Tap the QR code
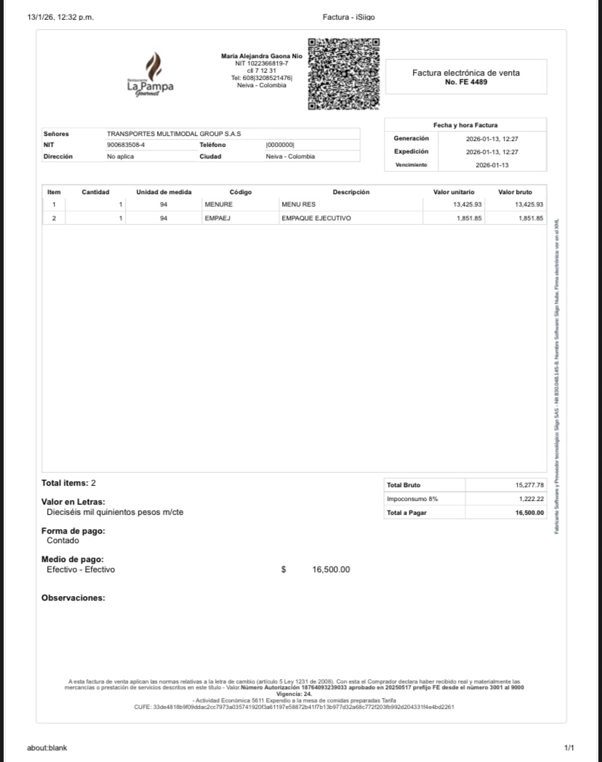click(x=344, y=74)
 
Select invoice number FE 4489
click(x=466, y=82)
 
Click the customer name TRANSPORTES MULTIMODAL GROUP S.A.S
click(x=174, y=134)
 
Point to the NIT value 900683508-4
click(x=126, y=145)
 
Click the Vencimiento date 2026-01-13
click(x=493, y=165)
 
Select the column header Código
click(x=240, y=192)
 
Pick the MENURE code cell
click(x=218, y=204)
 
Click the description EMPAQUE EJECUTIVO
click(x=316, y=218)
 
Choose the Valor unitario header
click(x=454, y=192)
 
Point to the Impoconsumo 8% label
click(x=412, y=499)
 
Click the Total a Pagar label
click(x=407, y=513)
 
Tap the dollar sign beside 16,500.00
click(x=284, y=569)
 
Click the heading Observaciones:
click(x=73, y=598)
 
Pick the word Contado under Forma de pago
click(x=63, y=540)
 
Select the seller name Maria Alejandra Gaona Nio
click(x=262, y=56)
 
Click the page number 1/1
click(x=569, y=747)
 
